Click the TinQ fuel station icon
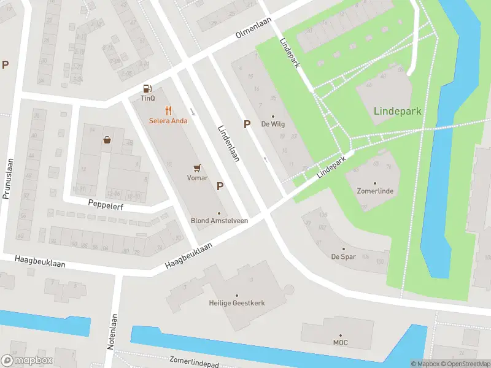(147, 88)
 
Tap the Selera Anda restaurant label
(168, 121)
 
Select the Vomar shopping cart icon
(197, 167)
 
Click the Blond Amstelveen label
(219, 220)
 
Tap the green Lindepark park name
(397, 111)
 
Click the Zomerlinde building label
(375, 191)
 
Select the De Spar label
(343, 256)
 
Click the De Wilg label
(273, 124)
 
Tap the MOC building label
(340, 342)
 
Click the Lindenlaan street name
(228, 144)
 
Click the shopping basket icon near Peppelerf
(107, 139)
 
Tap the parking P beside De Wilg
(247, 124)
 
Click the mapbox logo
(27, 361)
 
